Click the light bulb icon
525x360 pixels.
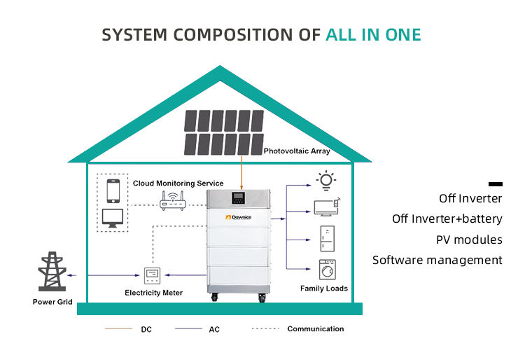326,181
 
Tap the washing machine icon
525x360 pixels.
328,270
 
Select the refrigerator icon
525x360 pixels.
327,239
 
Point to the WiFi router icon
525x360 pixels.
172,200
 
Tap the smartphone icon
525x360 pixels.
113,191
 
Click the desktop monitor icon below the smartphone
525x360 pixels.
113,218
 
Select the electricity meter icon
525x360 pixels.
152,276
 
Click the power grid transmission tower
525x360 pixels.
52,271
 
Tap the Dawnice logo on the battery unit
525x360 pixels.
239,217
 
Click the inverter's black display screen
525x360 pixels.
239,198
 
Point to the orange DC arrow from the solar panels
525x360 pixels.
241,172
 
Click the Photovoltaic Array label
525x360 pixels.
297,151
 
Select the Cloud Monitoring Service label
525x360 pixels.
178,184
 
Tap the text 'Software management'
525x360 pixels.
437,261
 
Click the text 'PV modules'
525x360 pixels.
469,240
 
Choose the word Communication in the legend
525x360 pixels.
316,329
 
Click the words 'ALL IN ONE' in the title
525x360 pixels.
373,35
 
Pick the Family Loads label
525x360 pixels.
324,289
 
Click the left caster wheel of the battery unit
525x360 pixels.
214,297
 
